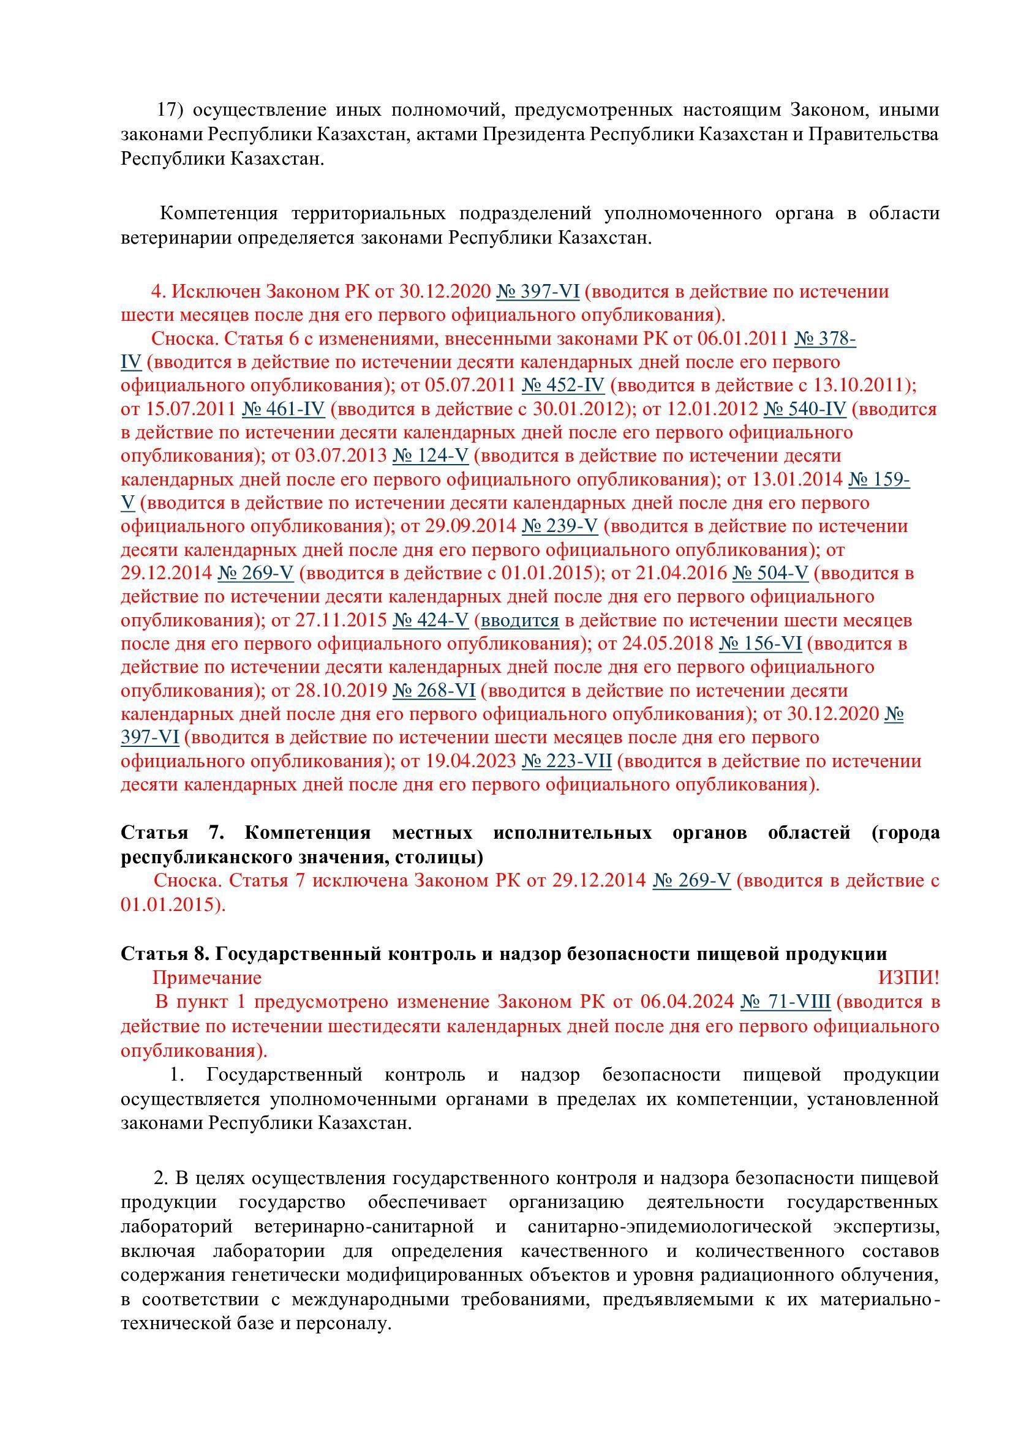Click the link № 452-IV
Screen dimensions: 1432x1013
click(x=563, y=386)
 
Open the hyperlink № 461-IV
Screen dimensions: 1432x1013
click(x=283, y=409)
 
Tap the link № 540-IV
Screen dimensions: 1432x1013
click(x=805, y=409)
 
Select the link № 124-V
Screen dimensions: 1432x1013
click(x=430, y=456)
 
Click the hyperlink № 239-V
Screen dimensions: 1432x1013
click(x=560, y=527)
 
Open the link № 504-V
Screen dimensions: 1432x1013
click(x=770, y=573)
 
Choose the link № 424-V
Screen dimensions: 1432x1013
click(x=430, y=621)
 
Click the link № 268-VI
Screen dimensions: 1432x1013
click(x=434, y=691)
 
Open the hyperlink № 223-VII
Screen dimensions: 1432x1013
click(x=567, y=762)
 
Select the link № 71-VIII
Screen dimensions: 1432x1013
click(x=785, y=1002)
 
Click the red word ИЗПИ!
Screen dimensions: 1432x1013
click(x=908, y=978)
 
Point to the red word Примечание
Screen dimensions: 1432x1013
click(x=207, y=978)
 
